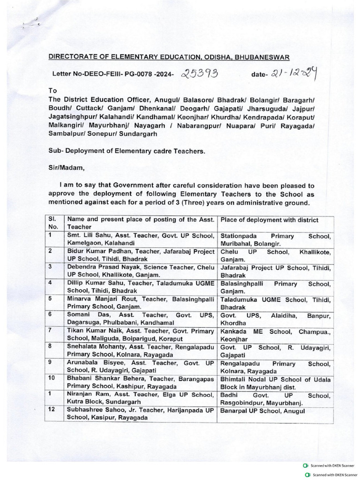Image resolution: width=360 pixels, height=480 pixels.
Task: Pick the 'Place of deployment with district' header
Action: tap(269, 220)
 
